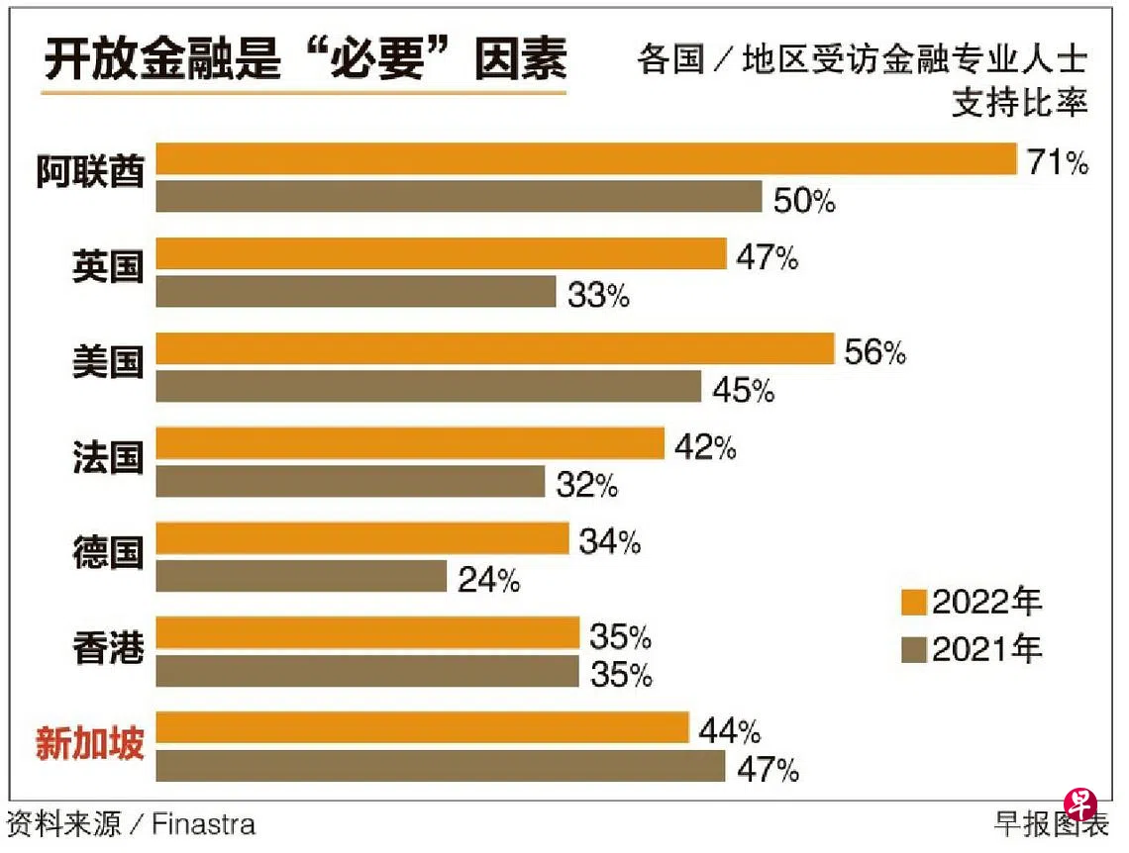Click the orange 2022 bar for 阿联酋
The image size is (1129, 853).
pyautogui.click(x=586, y=159)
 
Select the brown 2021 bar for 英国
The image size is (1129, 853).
pyautogui.click(x=357, y=292)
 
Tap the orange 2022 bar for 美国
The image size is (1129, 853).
pyautogui.click(x=495, y=349)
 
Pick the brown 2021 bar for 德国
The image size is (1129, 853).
pyautogui.click(x=302, y=577)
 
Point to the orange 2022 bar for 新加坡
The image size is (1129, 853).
pyautogui.click(x=423, y=728)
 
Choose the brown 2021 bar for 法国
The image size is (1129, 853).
pyautogui.click(x=351, y=482)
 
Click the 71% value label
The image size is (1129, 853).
pyautogui.click(x=1058, y=161)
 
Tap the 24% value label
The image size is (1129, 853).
pyautogui.click(x=489, y=580)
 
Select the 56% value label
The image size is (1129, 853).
pyautogui.click(x=874, y=352)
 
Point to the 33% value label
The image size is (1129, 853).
pyautogui.click(x=598, y=295)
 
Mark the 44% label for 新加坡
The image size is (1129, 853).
pyautogui.click(x=729, y=731)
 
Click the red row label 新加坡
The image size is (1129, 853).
pyautogui.click(x=90, y=744)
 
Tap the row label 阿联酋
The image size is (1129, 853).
pyautogui.click(x=90, y=173)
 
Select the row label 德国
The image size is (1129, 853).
pyautogui.click(x=108, y=554)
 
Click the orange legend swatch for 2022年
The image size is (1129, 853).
pyautogui.click(x=913, y=602)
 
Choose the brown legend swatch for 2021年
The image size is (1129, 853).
pyautogui.click(x=913, y=649)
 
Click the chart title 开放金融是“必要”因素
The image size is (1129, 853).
pyautogui.click(x=305, y=60)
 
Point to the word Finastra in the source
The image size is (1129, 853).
pyautogui.click(x=203, y=823)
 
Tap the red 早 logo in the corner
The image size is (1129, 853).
pyautogui.click(x=1079, y=802)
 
